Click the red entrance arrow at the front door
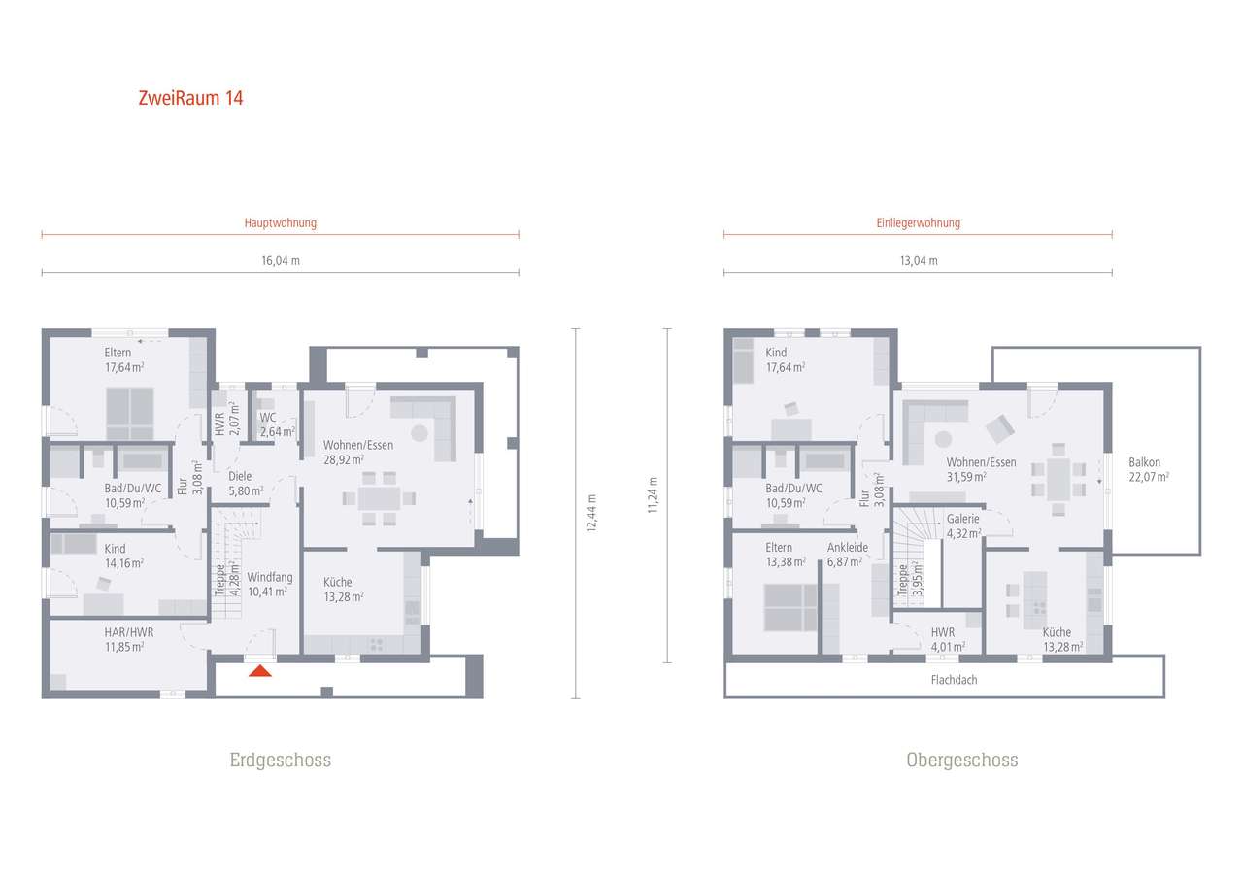pyautogui.click(x=259, y=671)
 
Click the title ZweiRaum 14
pyautogui.click(x=191, y=98)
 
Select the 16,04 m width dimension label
pyautogui.click(x=281, y=261)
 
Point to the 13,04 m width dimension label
pyautogui.click(x=919, y=261)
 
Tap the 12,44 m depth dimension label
pyautogui.click(x=591, y=513)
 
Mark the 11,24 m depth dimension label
pyautogui.click(x=653, y=495)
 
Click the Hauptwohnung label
pyautogui.click(x=281, y=223)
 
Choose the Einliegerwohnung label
pyautogui.click(x=919, y=223)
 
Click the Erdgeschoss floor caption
pyautogui.click(x=281, y=760)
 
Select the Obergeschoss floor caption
pyautogui.click(x=962, y=760)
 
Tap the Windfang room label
pyautogui.click(x=269, y=577)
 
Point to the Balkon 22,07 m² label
pyautogui.click(x=1149, y=469)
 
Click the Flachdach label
pyautogui.click(x=954, y=680)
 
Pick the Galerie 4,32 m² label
pyautogui.click(x=964, y=526)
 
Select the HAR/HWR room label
pyautogui.click(x=129, y=632)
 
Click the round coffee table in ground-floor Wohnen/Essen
pyautogui.click(x=420, y=433)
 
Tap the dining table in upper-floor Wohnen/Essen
pyautogui.click(x=1058, y=480)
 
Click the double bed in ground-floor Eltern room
pyautogui.click(x=130, y=414)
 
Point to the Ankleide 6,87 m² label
pyautogui.click(x=848, y=555)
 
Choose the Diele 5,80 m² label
pyautogui.click(x=246, y=484)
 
